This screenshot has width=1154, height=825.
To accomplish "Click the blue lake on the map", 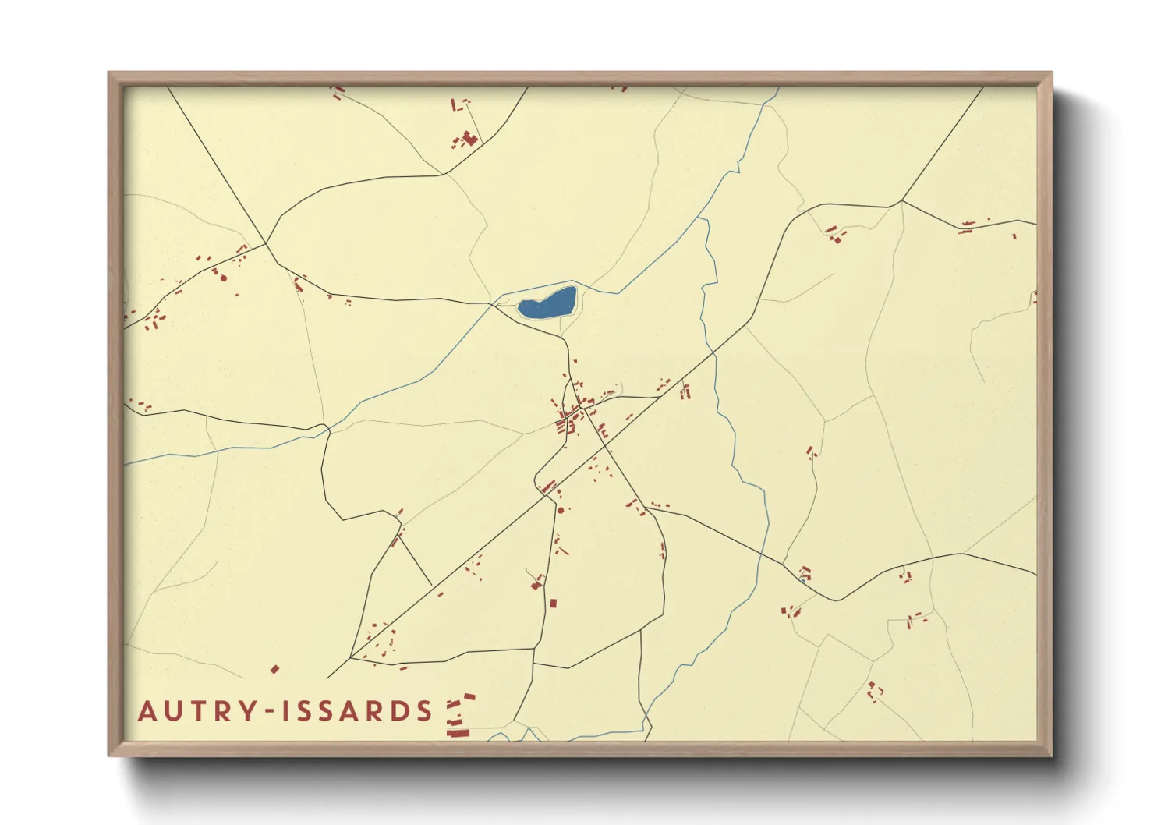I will (547, 303).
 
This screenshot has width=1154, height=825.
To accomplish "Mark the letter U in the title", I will (167, 711).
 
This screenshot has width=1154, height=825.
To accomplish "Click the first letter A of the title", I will (147, 711).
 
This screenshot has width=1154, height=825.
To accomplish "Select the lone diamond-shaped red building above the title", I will (274, 669).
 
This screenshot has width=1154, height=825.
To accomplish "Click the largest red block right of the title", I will (458, 732).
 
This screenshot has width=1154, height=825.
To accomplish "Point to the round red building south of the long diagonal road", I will (561, 510).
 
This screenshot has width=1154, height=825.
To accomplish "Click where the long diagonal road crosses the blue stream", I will (713, 356).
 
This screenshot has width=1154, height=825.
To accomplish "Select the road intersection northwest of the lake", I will (267, 243).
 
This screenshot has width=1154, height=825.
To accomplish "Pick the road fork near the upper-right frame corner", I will (901, 201).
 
